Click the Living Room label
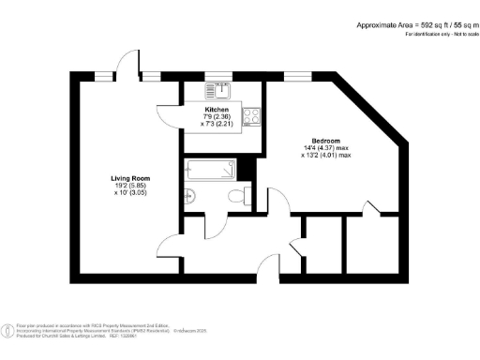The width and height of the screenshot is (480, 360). tap(129, 177)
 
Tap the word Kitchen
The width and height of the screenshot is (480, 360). tap(217, 109)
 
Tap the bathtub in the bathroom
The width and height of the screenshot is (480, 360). tap(209, 172)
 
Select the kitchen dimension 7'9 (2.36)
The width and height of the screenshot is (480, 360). tap(217, 116)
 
